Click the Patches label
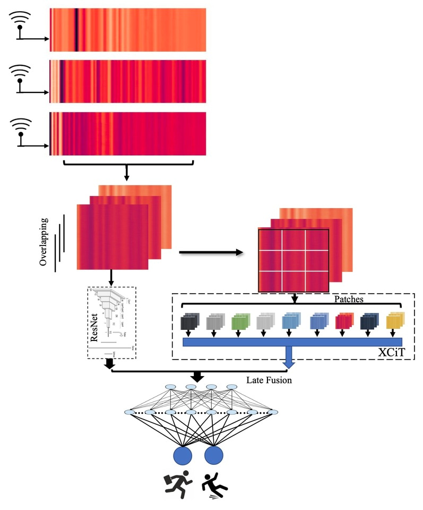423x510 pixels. (x=348, y=300)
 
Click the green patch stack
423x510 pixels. (x=241, y=320)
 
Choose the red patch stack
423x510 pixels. (x=344, y=320)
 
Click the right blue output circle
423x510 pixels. (x=214, y=456)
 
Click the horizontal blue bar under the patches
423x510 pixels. (x=292, y=342)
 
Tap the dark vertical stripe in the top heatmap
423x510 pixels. (x=76, y=30)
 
